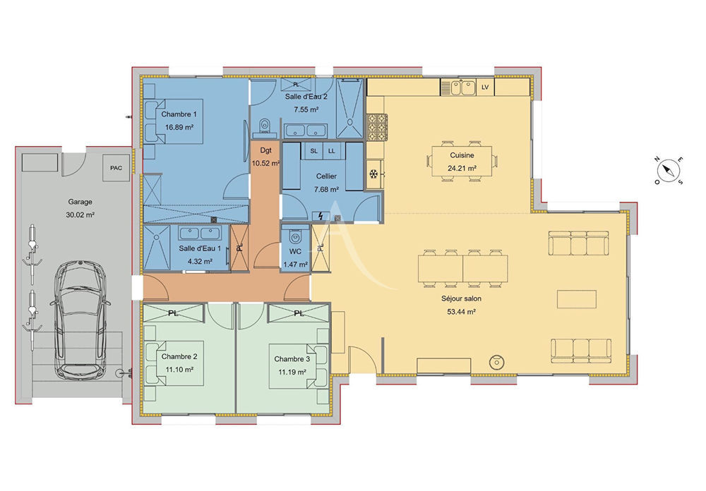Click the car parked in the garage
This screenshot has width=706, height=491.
click(80, 319)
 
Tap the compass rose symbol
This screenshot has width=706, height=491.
click(666, 170)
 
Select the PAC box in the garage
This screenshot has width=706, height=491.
click(116, 167)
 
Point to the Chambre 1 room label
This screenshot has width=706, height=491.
click(179, 114)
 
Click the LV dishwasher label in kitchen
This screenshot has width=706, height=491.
click(485, 87)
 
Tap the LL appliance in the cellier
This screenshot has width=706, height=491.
click(332, 151)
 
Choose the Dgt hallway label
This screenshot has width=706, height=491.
click(265, 150)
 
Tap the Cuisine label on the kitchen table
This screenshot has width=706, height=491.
click(462, 155)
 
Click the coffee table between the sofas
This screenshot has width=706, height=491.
click(576, 298)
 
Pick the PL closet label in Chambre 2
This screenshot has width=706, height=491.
click(173, 312)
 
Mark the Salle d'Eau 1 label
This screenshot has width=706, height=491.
click(200, 248)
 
